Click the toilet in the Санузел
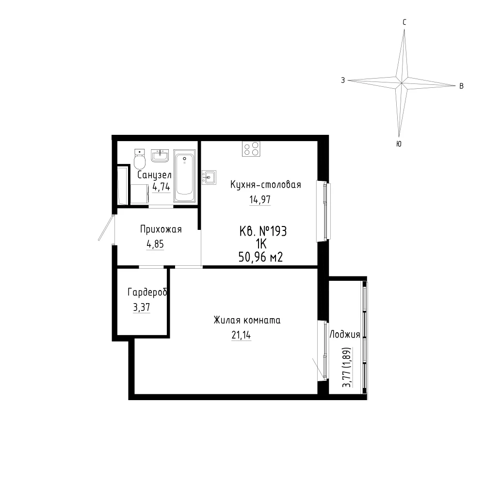tap(140, 159)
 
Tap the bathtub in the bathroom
tap(185, 176)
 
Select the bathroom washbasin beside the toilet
tap(160, 156)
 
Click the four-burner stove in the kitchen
tap(251, 149)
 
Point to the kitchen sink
tap(209, 178)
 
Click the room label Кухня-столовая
tap(265, 185)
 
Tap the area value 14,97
tap(260, 199)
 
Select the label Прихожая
tap(161, 229)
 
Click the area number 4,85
tap(155, 244)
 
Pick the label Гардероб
tap(147, 292)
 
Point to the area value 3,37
tap(141, 307)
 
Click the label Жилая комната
tap(247, 320)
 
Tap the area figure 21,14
tap(241, 335)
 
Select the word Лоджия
tap(344, 334)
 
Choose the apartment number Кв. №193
tap(263, 231)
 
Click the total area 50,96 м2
tap(260, 257)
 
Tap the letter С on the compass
tap(404, 22)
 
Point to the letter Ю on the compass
tap(399, 144)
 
